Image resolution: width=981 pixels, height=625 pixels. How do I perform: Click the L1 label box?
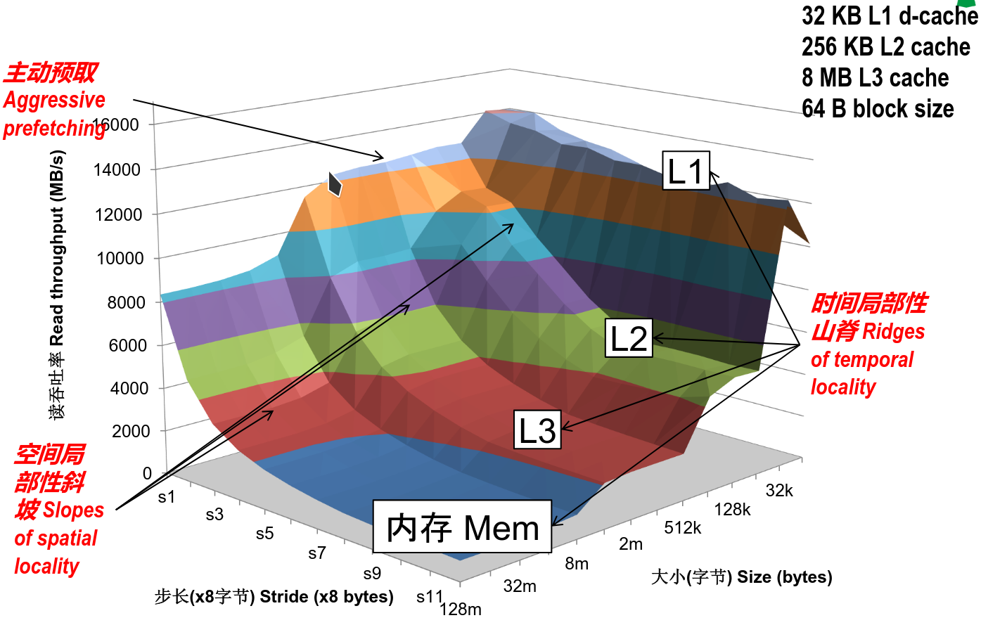pos(686,171)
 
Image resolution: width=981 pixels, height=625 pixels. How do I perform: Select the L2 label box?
pos(629,338)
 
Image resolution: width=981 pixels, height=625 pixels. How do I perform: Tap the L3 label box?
pos(537,430)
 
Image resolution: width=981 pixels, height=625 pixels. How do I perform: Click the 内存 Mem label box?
pos(462,527)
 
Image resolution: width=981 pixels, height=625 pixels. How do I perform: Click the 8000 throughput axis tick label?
pos(127,302)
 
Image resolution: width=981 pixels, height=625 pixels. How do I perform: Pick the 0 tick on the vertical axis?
pos(147,473)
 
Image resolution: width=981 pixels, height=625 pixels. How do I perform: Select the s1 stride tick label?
pos(167,497)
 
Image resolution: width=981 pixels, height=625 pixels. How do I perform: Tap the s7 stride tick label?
pos(317,553)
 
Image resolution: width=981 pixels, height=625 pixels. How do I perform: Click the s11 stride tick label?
pos(430,597)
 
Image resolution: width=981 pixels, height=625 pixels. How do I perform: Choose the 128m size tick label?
pos(461,610)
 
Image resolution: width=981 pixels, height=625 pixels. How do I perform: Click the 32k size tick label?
pos(779,491)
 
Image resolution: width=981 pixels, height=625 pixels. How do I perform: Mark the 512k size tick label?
pos(682,527)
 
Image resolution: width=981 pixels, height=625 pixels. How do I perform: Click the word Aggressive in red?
pos(54,100)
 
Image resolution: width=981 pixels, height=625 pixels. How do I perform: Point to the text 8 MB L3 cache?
pos(875,78)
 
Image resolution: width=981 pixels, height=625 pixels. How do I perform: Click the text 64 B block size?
pos(878,109)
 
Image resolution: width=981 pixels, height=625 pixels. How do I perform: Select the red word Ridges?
pos(893,331)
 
